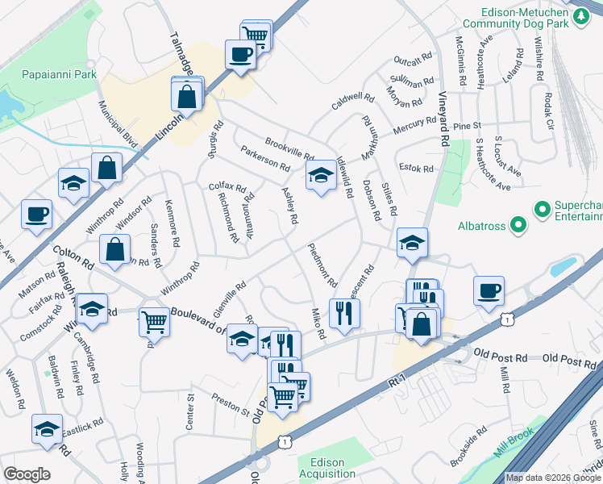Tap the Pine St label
click(x=466, y=126)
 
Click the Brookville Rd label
click(x=289, y=148)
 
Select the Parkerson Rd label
click(x=264, y=158)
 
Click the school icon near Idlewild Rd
click(x=320, y=175)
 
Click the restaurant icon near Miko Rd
click(x=345, y=311)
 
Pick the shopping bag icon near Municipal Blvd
click(x=106, y=168)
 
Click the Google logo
click(x=27, y=474)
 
